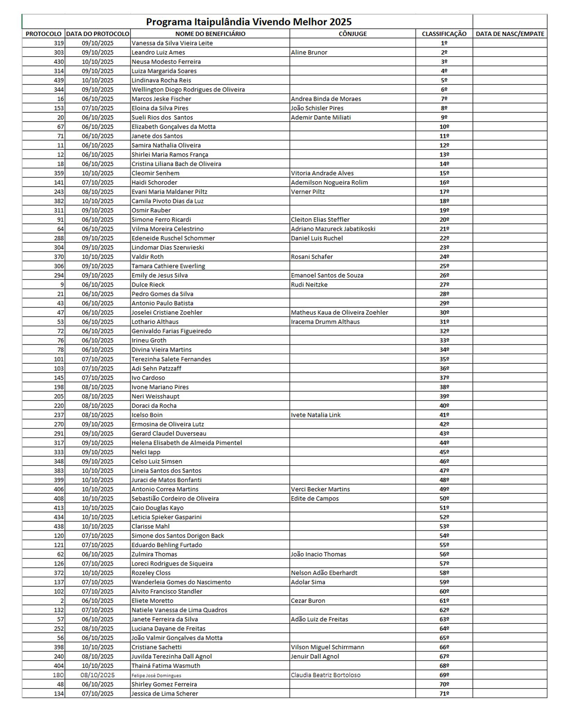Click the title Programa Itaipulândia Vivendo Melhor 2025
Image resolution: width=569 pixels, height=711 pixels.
point(248,22)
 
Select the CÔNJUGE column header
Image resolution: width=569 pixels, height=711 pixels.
point(353,34)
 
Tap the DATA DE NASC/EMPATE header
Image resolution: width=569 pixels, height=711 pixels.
point(510,34)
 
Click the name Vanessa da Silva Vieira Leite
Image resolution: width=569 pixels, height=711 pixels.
point(172,43)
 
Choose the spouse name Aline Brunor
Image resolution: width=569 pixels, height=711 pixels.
point(309,52)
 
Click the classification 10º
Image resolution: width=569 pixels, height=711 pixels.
point(444,127)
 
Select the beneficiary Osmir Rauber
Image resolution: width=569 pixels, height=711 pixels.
point(151,210)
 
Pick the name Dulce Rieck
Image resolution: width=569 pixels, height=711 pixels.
point(148,284)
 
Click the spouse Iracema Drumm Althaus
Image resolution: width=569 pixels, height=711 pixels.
point(325,321)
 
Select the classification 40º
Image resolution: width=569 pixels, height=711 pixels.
point(444,405)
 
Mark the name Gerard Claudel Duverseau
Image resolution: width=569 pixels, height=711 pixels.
point(168,433)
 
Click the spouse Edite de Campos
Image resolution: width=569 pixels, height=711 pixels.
point(315,498)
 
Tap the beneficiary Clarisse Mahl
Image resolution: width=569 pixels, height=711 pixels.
point(150,526)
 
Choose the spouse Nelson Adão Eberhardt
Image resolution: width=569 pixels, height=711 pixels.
point(324,572)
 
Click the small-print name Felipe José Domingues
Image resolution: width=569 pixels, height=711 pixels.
point(156,675)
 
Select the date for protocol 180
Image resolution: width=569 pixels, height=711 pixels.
point(98,675)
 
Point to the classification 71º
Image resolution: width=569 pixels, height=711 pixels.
point(444,693)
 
